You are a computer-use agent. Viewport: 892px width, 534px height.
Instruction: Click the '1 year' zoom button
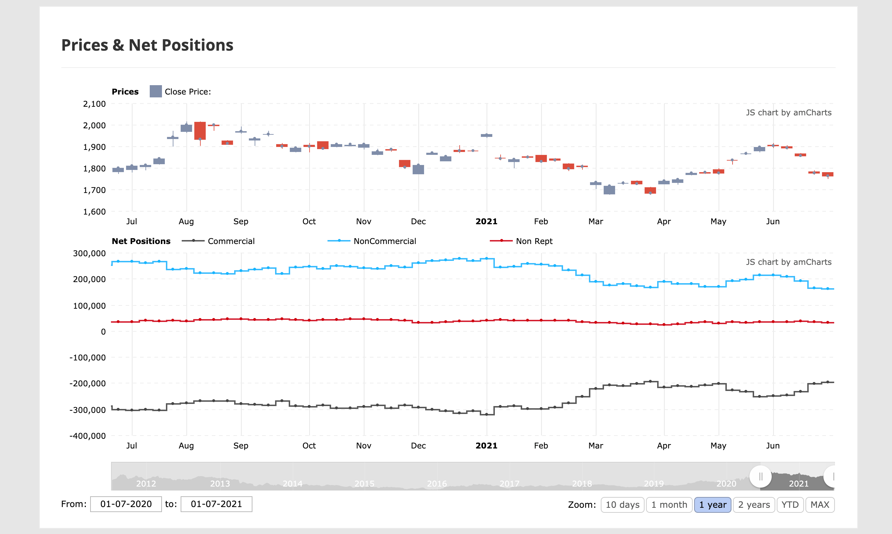click(x=712, y=505)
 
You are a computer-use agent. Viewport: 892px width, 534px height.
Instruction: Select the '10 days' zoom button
click(x=622, y=505)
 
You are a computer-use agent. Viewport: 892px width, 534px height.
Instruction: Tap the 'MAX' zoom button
click(x=819, y=505)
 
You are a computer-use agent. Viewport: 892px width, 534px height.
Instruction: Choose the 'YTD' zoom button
click(x=790, y=505)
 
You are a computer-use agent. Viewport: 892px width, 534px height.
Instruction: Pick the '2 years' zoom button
click(x=754, y=505)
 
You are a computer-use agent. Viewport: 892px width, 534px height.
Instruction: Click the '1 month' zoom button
click(x=669, y=505)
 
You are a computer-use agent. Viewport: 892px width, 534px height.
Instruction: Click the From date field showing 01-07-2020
click(x=126, y=504)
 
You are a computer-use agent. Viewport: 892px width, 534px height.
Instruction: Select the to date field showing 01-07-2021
click(x=216, y=504)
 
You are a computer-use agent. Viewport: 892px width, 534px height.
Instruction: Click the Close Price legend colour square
click(x=156, y=91)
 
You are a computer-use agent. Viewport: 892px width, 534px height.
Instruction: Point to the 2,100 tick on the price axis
click(x=94, y=104)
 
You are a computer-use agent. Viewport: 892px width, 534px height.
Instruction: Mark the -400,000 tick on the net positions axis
click(x=88, y=436)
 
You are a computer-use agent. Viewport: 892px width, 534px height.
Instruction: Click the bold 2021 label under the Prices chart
click(x=486, y=221)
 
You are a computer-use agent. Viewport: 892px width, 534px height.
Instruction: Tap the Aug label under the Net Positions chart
click(x=186, y=446)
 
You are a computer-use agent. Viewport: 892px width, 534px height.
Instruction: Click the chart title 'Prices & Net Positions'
click(x=147, y=45)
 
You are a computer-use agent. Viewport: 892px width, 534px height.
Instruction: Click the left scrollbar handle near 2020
click(x=760, y=477)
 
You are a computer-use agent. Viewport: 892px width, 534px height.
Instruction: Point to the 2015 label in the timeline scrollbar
click(x=364, y=484)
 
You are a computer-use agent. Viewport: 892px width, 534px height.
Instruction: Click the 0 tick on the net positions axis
click(x=103, y=332)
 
